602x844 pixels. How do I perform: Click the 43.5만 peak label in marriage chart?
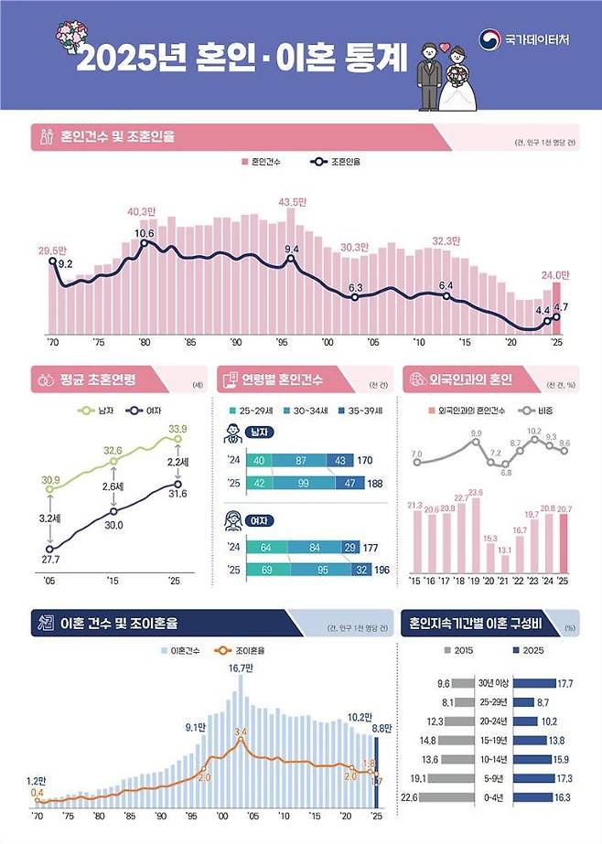292,202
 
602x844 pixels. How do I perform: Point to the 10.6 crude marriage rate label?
145,233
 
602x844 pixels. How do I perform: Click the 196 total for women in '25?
381,571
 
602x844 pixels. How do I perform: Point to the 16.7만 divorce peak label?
240,668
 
